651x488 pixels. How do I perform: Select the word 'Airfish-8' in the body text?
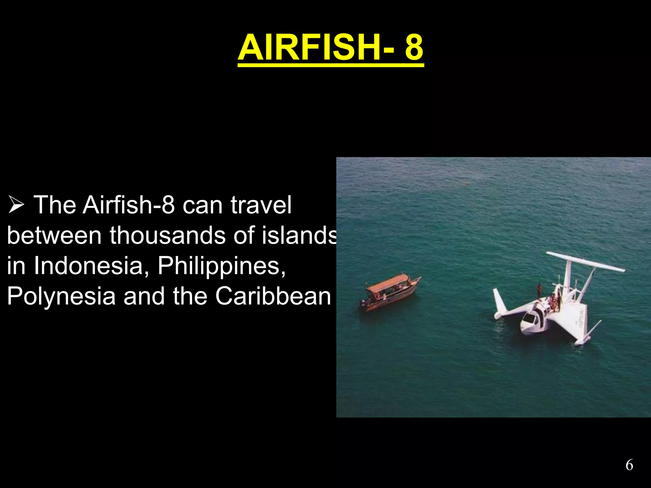[129, 205]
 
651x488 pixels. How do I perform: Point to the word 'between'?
[54, 235]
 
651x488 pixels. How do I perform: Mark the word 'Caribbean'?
[273, 296]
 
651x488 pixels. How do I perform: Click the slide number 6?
[629, 465]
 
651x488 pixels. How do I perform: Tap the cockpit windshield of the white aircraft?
[529, 318]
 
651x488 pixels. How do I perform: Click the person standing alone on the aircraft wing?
[539, 291]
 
